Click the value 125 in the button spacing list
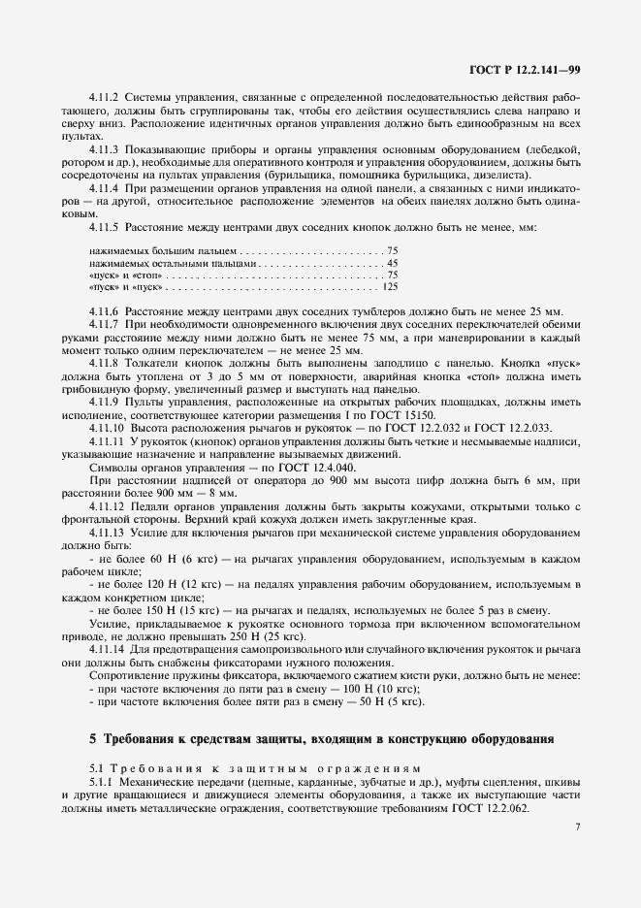[x=391, y=287]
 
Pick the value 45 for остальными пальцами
[x=392, y=263]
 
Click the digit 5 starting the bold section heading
[x=93, y=738]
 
